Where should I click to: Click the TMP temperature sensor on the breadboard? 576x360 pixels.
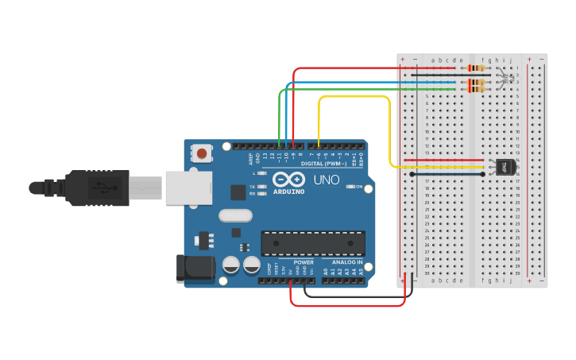(505, 167)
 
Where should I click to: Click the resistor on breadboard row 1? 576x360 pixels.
(477, 68)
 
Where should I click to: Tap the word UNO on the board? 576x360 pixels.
(326, 180)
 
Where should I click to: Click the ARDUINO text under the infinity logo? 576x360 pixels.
(289, 192)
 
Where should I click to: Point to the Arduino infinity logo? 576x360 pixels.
(288, 179)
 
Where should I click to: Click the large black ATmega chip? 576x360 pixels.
(313, 243)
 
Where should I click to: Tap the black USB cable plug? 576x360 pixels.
(95, 188)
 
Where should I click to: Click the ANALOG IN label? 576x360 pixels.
(346, 262)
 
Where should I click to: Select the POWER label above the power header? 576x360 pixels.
(303, 262)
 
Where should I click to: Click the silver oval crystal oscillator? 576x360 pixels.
(234, 215)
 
